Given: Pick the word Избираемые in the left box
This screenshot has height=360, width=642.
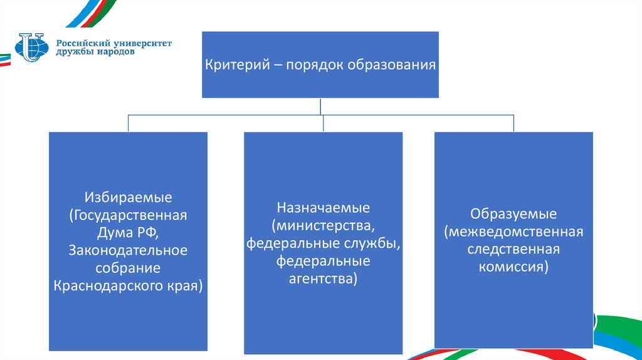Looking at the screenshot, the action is (129, 198).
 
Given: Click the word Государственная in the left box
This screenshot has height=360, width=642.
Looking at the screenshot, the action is (129, 215).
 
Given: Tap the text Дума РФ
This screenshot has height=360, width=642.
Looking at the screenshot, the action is (129, 233).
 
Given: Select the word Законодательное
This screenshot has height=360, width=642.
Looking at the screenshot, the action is (129, 250).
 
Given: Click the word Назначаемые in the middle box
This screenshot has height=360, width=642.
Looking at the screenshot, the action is (324, 208).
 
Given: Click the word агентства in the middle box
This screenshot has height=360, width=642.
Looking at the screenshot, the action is (324, 277).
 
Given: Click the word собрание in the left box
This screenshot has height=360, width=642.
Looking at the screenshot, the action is (129, 268).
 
